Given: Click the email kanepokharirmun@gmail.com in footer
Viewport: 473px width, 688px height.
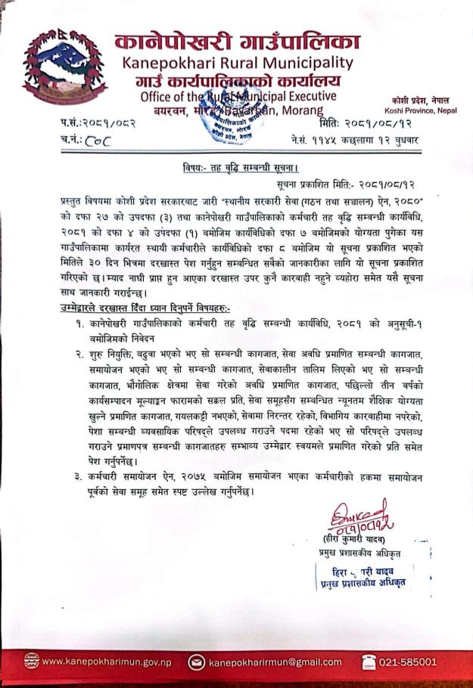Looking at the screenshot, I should (275, 662).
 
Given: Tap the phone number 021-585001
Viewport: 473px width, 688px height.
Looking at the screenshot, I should (407, 662).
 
